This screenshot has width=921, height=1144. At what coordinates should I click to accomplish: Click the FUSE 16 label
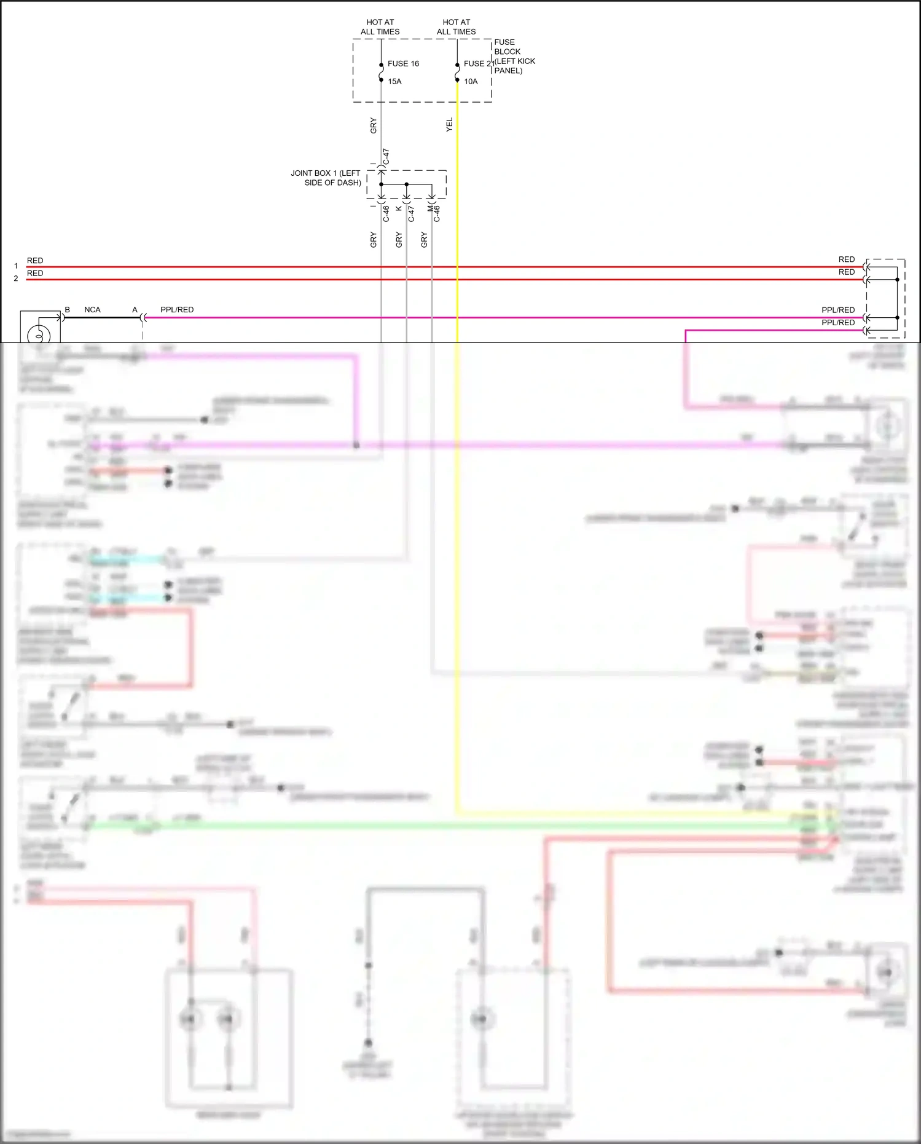coord(403,64)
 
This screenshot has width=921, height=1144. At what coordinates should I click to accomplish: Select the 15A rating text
coord(394,82)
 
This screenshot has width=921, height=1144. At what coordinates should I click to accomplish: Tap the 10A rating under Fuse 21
coord(471,82)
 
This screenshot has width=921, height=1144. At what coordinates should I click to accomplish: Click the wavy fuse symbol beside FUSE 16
coord(381,73)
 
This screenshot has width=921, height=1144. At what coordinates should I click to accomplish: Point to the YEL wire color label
coord(449,125)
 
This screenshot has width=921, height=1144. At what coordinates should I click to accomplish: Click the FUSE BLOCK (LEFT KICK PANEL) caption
coord(514,57)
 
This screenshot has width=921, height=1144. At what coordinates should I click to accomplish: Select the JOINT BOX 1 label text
coord(326,178)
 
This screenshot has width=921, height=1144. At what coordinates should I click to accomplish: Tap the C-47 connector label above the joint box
coord(386,157)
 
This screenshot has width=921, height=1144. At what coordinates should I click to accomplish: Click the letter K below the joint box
coord(399,209)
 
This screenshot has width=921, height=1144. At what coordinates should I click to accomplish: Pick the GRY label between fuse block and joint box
coord(373,126)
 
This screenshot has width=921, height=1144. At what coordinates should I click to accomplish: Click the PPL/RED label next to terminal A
coord(177,310)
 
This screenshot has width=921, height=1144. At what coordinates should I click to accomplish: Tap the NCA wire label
coord(92,310)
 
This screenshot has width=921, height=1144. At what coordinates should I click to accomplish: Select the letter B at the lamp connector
coord(68,310)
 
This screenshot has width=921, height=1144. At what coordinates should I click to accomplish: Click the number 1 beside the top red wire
coord(16,266)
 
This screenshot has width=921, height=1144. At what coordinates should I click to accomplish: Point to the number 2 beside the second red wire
coord(16,278)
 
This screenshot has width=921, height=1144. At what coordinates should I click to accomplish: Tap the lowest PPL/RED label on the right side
coord(838,323)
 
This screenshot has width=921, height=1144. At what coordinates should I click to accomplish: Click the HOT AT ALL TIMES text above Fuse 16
coord(380,27)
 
